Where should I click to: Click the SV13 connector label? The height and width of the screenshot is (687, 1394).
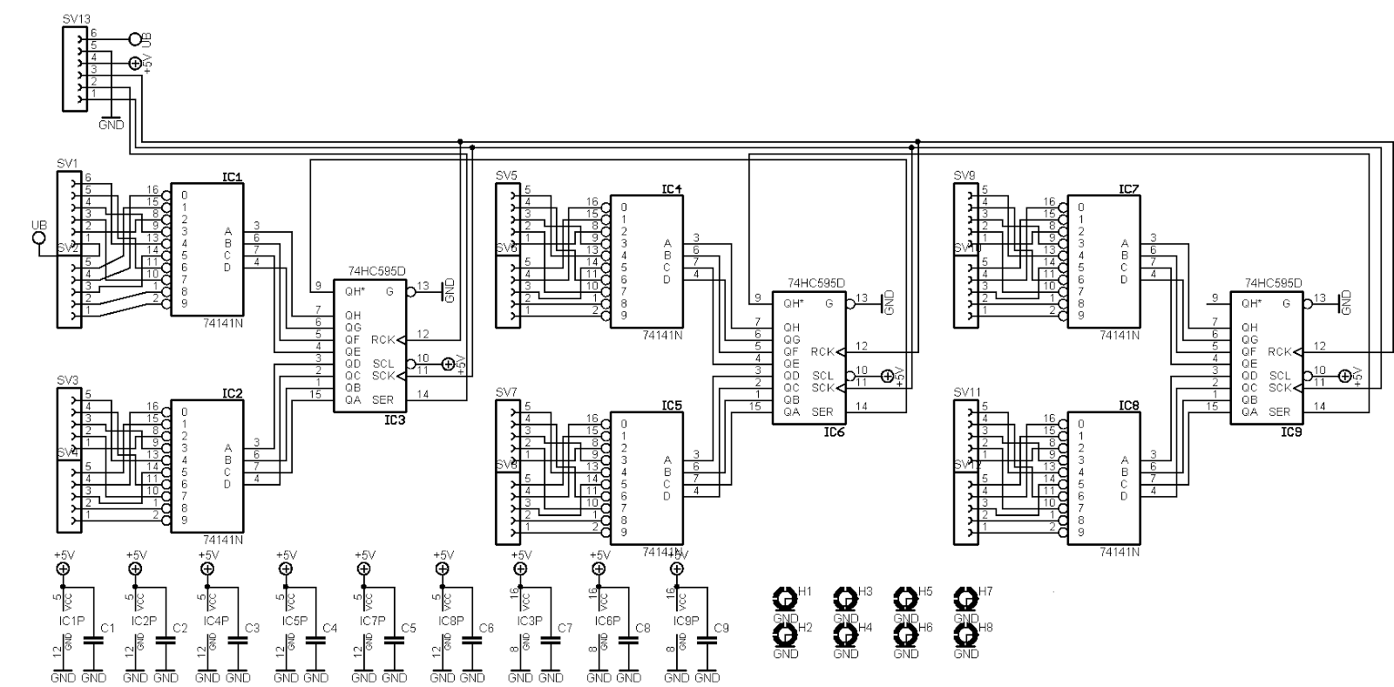[x=76, y=18]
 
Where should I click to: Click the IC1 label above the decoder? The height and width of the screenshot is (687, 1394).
[x=232, y=177]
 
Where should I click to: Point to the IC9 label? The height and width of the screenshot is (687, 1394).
[x=1290, y=432]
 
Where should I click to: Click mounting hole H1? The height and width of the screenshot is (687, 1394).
[x=785, y=598]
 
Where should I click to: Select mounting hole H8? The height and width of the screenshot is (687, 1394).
[x=965, y=634]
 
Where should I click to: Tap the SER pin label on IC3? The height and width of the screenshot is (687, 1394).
[x=382, y=399]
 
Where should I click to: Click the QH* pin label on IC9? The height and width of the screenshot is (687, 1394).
[x=1250, y=303]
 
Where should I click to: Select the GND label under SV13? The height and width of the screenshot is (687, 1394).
[x=111, y=124]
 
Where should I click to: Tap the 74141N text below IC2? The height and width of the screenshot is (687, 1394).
[x=222, y=540]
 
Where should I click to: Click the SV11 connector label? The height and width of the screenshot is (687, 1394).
[x=967, y=391]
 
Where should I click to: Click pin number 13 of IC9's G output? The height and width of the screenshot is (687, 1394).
[x=1320, y=298]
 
